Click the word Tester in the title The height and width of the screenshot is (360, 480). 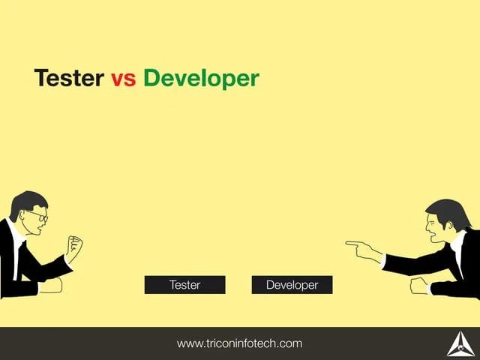[69, 78]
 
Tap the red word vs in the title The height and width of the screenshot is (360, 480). [123, 79]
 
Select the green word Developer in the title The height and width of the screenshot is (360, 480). [200, 79]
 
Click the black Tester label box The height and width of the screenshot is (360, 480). [184, 285]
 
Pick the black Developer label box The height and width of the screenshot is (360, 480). [292, 285]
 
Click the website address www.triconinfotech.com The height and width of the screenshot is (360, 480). [239, 343]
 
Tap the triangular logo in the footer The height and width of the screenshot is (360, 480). [458, 343]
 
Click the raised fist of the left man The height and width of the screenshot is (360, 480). [73, 245]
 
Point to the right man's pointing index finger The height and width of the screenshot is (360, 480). [351, 242]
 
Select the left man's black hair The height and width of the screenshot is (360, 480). [25, 201]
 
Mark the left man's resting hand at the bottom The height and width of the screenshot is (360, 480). [50, 286]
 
